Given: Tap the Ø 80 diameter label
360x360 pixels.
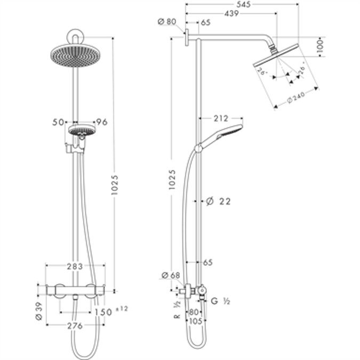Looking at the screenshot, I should point(167,22).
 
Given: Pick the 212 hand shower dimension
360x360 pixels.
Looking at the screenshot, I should point(220,118).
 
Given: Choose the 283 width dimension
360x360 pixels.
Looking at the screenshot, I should point(76,267).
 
